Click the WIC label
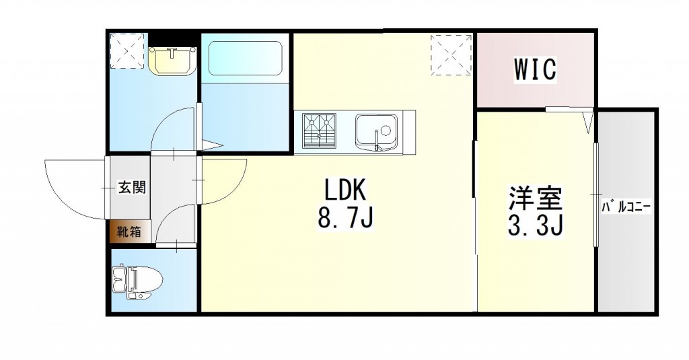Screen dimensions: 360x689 pyautogui.click(x=536, y=69)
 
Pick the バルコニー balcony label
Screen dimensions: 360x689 pyautogui.click(x=626, y=208)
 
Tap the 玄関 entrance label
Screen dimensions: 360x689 pyautogui.click(x=133, y=188)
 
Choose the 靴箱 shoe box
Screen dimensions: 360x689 pyautogui.click(x=129, y=232)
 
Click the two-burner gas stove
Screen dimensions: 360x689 pyautogui.click(x=320, y=131)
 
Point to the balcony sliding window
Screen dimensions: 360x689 pyautogui.click(x=596, y=195)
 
